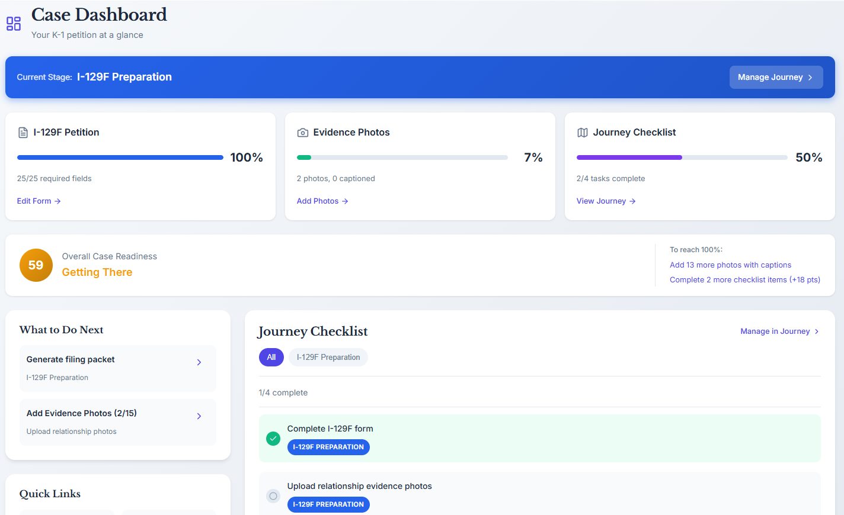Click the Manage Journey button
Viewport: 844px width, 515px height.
click(775, 78)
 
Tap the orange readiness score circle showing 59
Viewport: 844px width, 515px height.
click(36, 265)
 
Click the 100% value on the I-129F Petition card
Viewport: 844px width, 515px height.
click(246, 157)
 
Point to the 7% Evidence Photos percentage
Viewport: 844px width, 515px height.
click(533, 157)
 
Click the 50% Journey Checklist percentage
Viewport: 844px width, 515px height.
click(808, 157)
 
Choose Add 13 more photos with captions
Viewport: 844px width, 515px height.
click(730, 265)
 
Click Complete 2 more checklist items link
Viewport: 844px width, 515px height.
click(744, 280)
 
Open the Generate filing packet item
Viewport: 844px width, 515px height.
click(117, 368)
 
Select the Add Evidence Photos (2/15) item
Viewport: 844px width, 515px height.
click(117, 421)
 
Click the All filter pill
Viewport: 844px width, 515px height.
click(271, 358)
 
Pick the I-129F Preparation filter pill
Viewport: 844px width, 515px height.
click(328, 358)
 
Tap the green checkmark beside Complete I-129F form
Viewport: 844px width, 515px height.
click(273, 439)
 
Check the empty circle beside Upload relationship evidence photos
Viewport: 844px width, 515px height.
click(273, 496)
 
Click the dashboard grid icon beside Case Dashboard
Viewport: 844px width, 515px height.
click(14, 24)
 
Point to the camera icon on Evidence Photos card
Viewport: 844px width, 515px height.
click(303, 133)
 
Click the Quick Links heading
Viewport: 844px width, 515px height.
click(50, 494)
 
